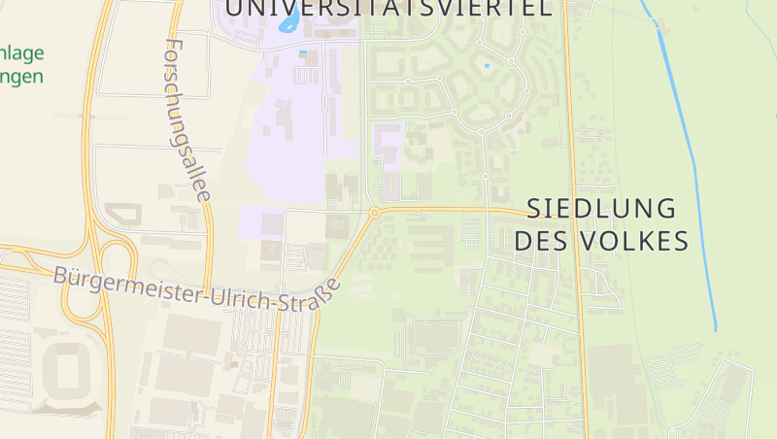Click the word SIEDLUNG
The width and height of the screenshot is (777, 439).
point(601,208)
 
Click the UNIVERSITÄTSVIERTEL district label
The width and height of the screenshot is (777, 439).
point(388,8)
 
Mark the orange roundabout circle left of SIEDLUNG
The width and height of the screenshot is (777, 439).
point(375,212)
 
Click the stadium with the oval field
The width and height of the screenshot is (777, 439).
point(67,373)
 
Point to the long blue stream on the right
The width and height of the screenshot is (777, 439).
point(691,165)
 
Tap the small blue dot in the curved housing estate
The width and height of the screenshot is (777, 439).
point(487,66)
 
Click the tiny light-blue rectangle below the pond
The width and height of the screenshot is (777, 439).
point(303,51)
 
